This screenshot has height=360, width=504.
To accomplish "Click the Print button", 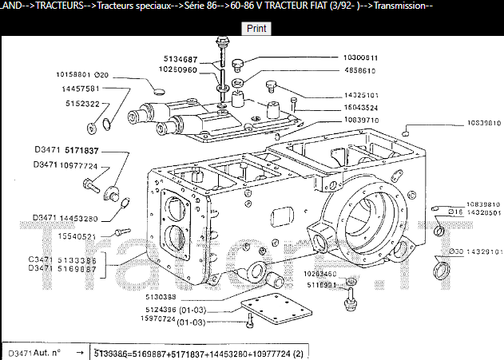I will click(x=256, y=28).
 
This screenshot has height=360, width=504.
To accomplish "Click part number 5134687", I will click(x=186, y=59).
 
